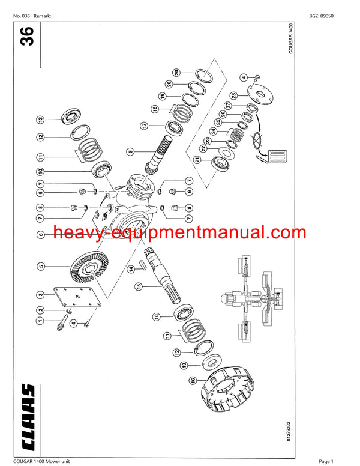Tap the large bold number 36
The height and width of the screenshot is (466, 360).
click(26, 36)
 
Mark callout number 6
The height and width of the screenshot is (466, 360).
click(40, 235)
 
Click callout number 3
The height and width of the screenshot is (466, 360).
click(40, 294)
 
